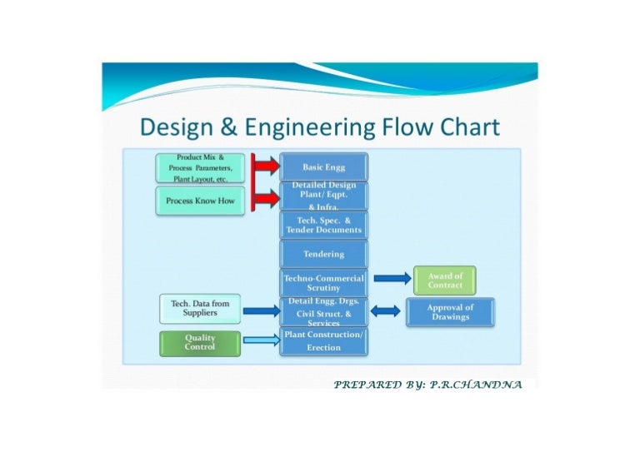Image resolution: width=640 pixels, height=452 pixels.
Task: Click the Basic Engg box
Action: point(324,166)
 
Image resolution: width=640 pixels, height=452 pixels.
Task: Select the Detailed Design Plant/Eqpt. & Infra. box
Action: point(324,196)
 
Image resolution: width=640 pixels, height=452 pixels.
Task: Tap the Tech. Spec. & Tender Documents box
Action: point(324,225)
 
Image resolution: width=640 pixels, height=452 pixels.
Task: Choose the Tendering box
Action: point(324,254)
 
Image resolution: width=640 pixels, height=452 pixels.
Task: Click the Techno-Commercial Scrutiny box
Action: point(324,282)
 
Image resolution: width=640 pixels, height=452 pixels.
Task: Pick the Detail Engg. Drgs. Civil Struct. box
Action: point(324,311)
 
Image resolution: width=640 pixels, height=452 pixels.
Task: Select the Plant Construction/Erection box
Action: point(324,340)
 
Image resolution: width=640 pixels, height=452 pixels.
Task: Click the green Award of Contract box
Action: point(444,280)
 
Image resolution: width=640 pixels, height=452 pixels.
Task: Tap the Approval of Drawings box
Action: point(450,312)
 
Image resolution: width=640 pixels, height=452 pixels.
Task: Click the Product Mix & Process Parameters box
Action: point(200,167)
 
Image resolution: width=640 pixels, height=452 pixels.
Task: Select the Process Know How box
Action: point(200,201)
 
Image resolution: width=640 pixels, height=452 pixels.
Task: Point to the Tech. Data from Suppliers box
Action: point(200,308)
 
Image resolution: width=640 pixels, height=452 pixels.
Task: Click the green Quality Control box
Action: point(200,342)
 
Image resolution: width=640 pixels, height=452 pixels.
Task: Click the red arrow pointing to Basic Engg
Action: point(266,166)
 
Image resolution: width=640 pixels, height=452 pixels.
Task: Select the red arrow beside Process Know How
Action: point(266,199)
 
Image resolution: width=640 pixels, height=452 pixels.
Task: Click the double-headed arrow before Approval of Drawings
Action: point(386,311)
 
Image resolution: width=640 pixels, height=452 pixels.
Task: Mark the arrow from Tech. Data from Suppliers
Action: point(261,311)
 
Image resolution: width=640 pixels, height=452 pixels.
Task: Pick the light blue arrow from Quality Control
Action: point(261,340)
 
